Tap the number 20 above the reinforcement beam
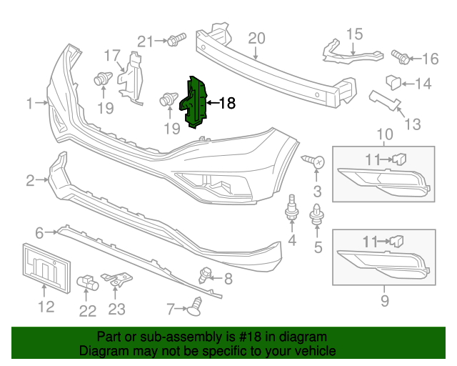(x=256, y=39)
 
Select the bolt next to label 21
(x=176, y=41)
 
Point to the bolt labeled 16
(x=401, y=55)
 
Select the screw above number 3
(x=315, y=162)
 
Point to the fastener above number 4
(x=292, y=208)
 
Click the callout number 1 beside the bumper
(x=30, y=104)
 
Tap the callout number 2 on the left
(x=30, y=182)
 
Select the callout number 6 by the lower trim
(x=39, y=232)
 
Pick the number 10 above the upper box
(x=385, y=134)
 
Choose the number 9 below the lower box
(x=385, y=301)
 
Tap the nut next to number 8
(x=207, y=272)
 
